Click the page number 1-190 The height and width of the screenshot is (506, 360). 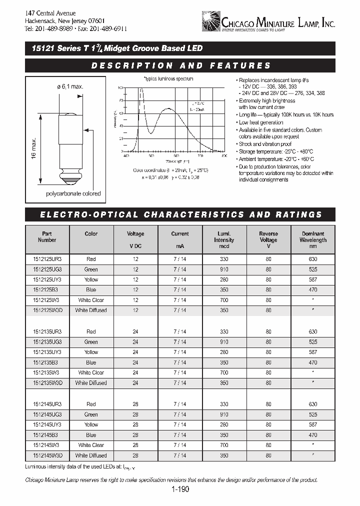coord(179,490)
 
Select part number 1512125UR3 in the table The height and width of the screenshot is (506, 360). coord(47,259)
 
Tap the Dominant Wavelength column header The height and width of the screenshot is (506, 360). coord(313,237)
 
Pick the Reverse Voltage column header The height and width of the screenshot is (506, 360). coord(268,237)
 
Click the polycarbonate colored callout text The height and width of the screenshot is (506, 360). coord(73,193)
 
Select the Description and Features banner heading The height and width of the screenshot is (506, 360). coord(180,65)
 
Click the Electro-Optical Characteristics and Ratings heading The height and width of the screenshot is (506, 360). coord(180,214)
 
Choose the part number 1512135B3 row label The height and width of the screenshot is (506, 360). coord(47,362)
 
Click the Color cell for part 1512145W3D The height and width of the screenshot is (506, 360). coord(91,455)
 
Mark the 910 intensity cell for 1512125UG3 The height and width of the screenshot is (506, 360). coord(224,269)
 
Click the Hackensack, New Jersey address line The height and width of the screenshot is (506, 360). coord(64,21)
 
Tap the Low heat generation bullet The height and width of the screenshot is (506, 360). coord(260,122)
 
